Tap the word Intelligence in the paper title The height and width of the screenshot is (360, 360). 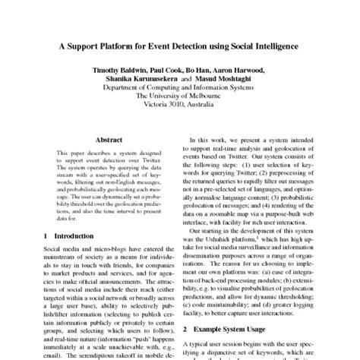pyautogui.click(x=270, y=46)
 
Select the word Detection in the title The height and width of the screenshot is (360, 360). pyautogui.click(x=198, y=46)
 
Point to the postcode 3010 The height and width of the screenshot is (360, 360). pyautogui.click(x=180, y=106)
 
